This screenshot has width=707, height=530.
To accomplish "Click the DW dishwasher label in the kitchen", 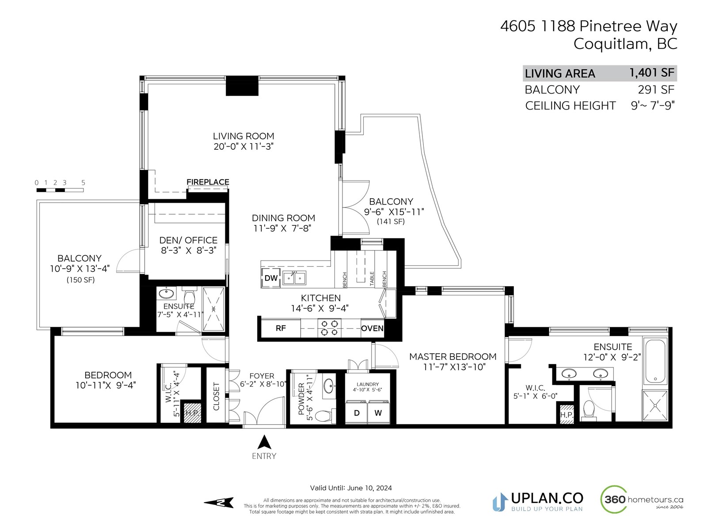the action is click(270, 278).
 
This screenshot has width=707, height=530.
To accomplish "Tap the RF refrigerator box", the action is click(281, 328).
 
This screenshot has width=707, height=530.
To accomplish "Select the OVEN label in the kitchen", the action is click(372, 328).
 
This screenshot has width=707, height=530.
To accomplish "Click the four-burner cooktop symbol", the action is click(330, 328).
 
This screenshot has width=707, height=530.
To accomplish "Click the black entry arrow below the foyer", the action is click(264, 442).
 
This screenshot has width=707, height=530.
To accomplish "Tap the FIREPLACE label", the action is click(208, 182).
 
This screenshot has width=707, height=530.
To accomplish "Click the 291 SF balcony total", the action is click(656, 90).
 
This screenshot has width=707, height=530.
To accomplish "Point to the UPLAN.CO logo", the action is click(538, 502).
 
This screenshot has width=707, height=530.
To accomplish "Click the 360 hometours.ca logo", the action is click(642, 500).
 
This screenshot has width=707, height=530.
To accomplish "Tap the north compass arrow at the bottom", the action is click(219, 503).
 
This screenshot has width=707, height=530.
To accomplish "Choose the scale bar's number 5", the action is click(83, 183).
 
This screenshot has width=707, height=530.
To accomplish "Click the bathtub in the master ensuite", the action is click(655, 361).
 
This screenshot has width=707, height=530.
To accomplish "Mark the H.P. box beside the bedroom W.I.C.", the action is click(192, 413).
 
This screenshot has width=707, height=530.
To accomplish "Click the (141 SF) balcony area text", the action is click(390, 221).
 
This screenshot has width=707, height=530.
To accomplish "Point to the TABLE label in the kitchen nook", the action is click(372, 279).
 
